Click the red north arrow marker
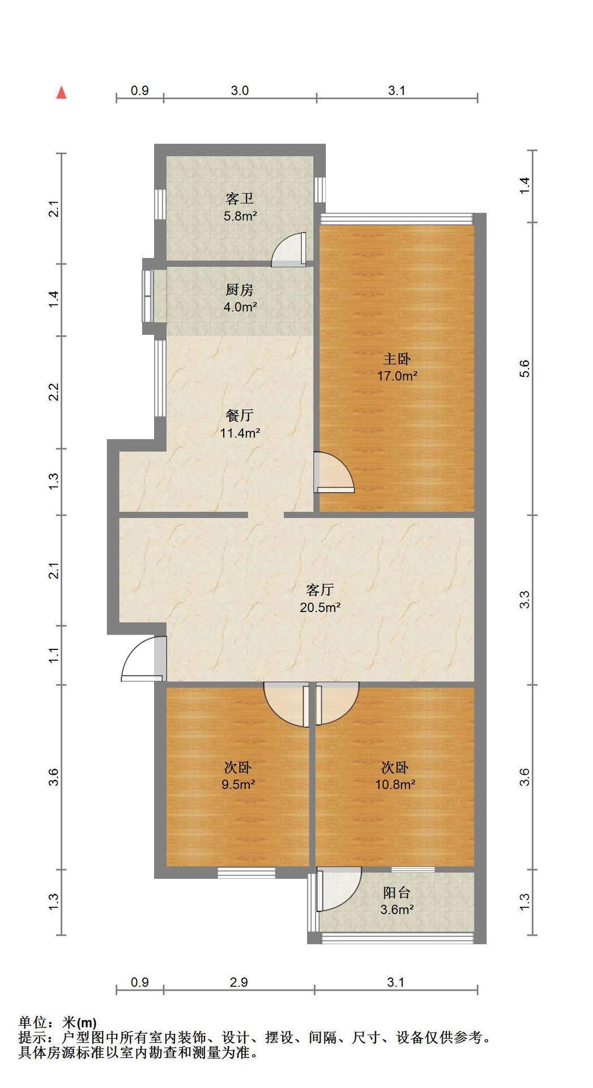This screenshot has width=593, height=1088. click(x=62, y=92)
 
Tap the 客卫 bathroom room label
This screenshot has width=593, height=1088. click(x=240, y=198)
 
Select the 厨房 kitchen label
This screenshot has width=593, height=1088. click(x=240, y=290)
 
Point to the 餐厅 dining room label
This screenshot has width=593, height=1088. click(x=240, y=415)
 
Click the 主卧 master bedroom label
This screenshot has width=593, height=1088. click(x=397, y=359)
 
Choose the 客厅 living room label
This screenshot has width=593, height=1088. click(x=319, y=590)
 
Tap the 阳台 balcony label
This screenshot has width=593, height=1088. click(x=396, y=892)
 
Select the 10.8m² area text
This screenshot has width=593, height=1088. click(x=395, y=785)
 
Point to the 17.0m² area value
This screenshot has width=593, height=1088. click(x=398, y=376)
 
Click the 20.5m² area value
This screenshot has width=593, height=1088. click(x=320, y=607)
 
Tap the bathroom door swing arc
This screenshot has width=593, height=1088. click(x=288, y=250)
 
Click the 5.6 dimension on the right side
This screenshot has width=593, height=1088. click(x=526, y=369)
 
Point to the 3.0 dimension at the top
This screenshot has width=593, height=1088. click(x=240, y=91)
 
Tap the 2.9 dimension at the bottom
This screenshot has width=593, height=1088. click(x=239, y=982)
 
